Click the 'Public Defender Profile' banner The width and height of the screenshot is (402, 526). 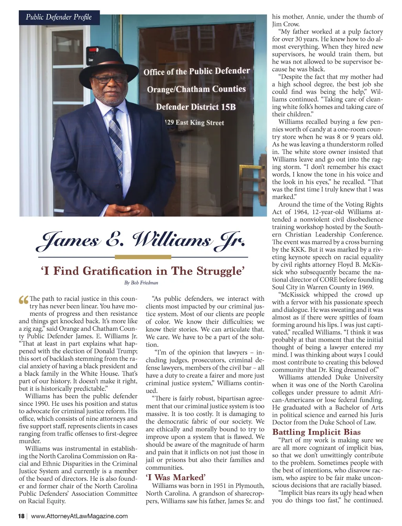point(59,17)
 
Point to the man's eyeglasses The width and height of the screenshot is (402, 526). point(108,79)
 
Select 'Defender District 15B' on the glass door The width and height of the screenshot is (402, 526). point(196,107)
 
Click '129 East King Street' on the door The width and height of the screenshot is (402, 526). point(195,123)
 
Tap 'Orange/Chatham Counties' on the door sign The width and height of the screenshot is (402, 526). point(196,89)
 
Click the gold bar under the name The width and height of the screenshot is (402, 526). point(143,257)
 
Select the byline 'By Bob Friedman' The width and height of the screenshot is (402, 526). point(141,283)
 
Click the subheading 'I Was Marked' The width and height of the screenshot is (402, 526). point(175,477)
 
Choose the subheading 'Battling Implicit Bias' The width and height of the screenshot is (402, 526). point(316,432)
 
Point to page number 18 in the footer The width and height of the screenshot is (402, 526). point(21,516)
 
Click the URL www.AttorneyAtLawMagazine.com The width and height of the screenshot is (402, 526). point(79,516)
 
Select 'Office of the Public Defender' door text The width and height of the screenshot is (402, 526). point(197,71)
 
